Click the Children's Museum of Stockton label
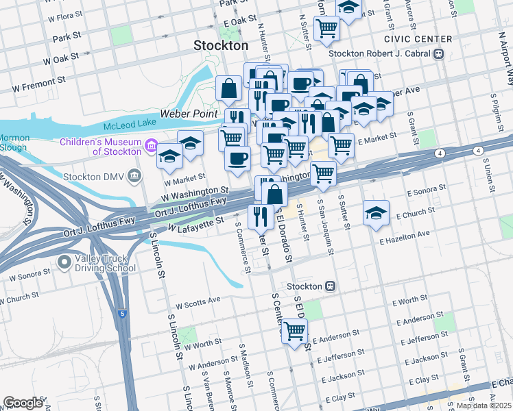pos(99,147)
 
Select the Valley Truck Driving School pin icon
pos(64,261)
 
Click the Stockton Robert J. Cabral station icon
pos(438,54)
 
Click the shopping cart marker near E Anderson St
pos(295,332)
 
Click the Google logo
pos(23,402)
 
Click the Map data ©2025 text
pos(483,406)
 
